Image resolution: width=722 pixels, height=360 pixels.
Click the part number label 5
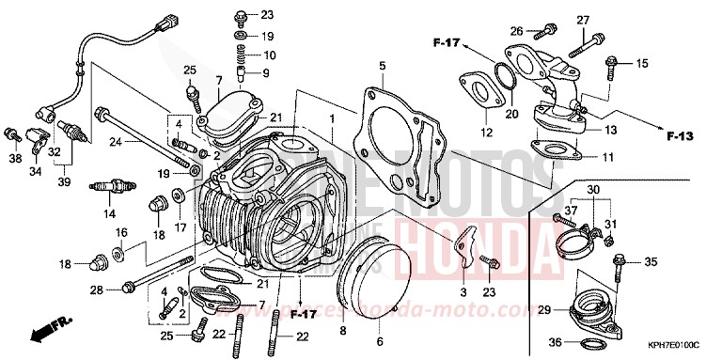pyautogui.click(x=383, y=66)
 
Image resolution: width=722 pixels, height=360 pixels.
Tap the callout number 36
pyautogui.click(x=557, y=341)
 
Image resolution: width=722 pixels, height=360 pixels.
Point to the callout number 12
pyautogui.click(x=486, y=133)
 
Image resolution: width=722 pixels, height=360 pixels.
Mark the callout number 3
pyautogui.click(x=463, y=293)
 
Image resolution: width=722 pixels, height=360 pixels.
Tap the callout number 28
pyautogui.click(x=96, y=290)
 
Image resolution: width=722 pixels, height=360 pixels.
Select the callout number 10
pyautogui.click(x=269, y=55)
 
